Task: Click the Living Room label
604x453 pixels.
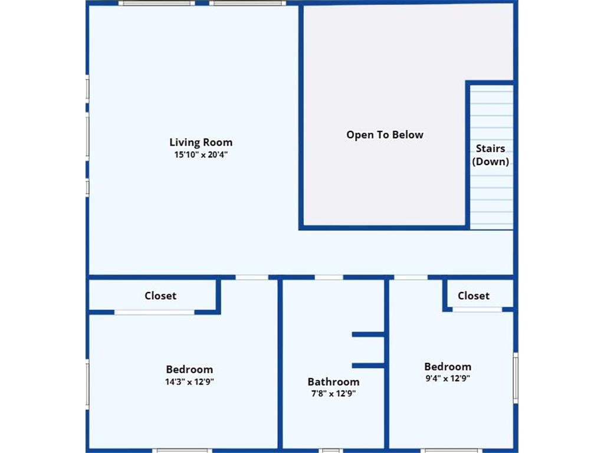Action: tap(201, 143)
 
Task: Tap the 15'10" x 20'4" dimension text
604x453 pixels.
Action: tap(201, 155)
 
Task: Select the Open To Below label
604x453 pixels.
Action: tap(385, 135)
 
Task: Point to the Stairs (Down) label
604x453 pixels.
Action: tap(490, 155)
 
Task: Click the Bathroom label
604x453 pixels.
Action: tap(334, 382)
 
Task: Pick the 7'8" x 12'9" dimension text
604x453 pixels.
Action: tap(334, 393)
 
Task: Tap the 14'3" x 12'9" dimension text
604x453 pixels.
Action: tap(189, 382)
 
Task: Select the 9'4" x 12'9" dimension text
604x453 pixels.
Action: tap(448, 378)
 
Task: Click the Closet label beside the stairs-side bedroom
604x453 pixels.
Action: tap(474, 296)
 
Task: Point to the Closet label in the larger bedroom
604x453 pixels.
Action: tap(160, 296)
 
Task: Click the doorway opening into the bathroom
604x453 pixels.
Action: tap(329, 277)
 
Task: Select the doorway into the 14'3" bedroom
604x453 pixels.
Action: tap(252, 277)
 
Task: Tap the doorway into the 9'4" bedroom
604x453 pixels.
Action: tap(411, 277)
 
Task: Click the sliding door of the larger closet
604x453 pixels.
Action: tap(155, 313)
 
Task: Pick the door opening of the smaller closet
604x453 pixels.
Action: tap(477, 310)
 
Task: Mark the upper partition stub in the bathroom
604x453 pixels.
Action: tap(368, 334)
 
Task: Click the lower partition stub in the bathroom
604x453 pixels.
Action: tap(368, 366)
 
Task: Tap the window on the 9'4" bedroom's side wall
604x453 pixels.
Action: tap(516, 378)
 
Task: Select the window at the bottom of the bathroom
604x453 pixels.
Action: tap(330, 451)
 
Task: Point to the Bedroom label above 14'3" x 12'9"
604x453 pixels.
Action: tap(189, 369)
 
